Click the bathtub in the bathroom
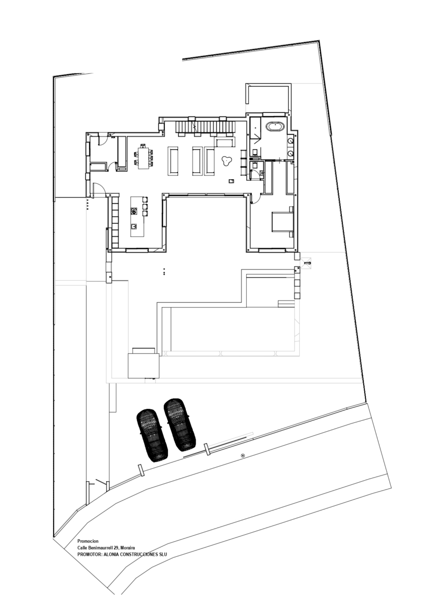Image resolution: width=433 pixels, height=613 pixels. coord(274,126)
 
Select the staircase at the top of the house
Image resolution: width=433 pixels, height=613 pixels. coord(204,126)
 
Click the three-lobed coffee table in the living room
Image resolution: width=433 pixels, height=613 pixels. coord(226,161)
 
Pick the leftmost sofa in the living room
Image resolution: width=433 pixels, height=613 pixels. coord(172,161)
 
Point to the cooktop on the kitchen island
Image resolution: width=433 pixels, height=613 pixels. coord(134,210)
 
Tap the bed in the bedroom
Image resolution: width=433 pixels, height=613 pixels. coord(282,222)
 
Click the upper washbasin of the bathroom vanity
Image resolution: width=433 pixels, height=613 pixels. coord(291,140)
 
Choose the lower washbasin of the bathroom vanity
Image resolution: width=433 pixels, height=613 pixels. coord(291,152)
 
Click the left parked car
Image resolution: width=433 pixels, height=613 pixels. coord(151,434)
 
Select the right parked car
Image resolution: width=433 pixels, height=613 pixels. coord(180,423)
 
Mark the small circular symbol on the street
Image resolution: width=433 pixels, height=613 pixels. coord(243,455)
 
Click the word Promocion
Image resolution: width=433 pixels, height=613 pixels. coord(88,541)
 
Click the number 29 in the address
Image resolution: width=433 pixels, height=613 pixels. coord(116,548)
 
